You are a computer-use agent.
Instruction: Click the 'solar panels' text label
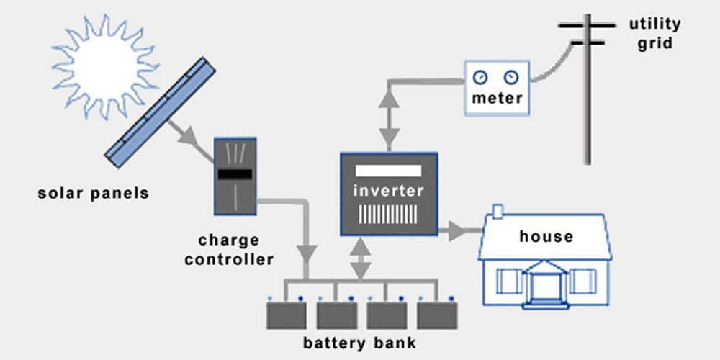click(93, 193)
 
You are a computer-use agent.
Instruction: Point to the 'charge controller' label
click(229, 249)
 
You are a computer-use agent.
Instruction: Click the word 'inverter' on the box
click(388, 192)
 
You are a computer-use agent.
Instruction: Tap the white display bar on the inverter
click(388, 171)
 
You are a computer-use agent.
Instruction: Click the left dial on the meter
click(480, 76)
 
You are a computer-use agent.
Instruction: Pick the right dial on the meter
click(510, 76)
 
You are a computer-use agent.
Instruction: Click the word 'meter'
click(496, 98)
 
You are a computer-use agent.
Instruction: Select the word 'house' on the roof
click(546, 236)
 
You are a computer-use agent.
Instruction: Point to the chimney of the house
click(496, 212)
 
